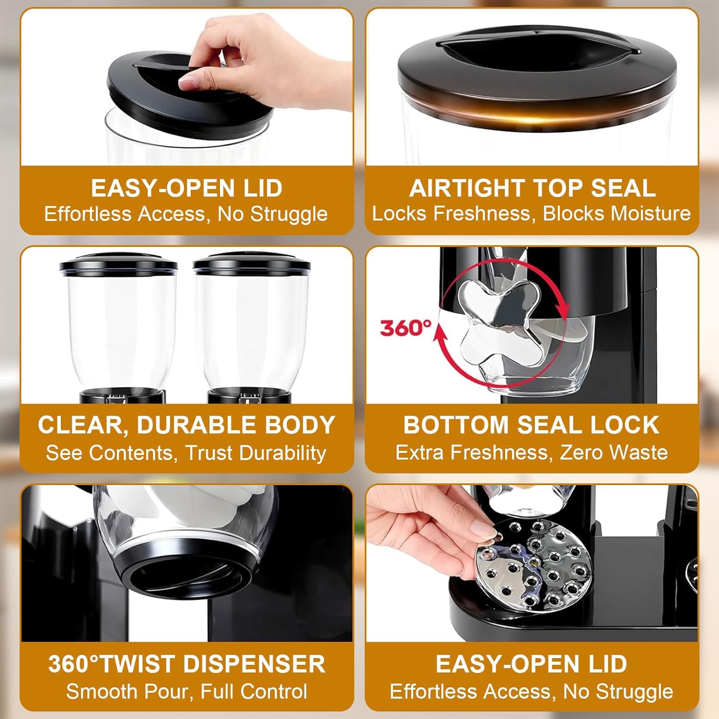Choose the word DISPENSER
(254, 664)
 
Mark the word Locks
(399, 213)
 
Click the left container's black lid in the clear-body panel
(118, 264)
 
